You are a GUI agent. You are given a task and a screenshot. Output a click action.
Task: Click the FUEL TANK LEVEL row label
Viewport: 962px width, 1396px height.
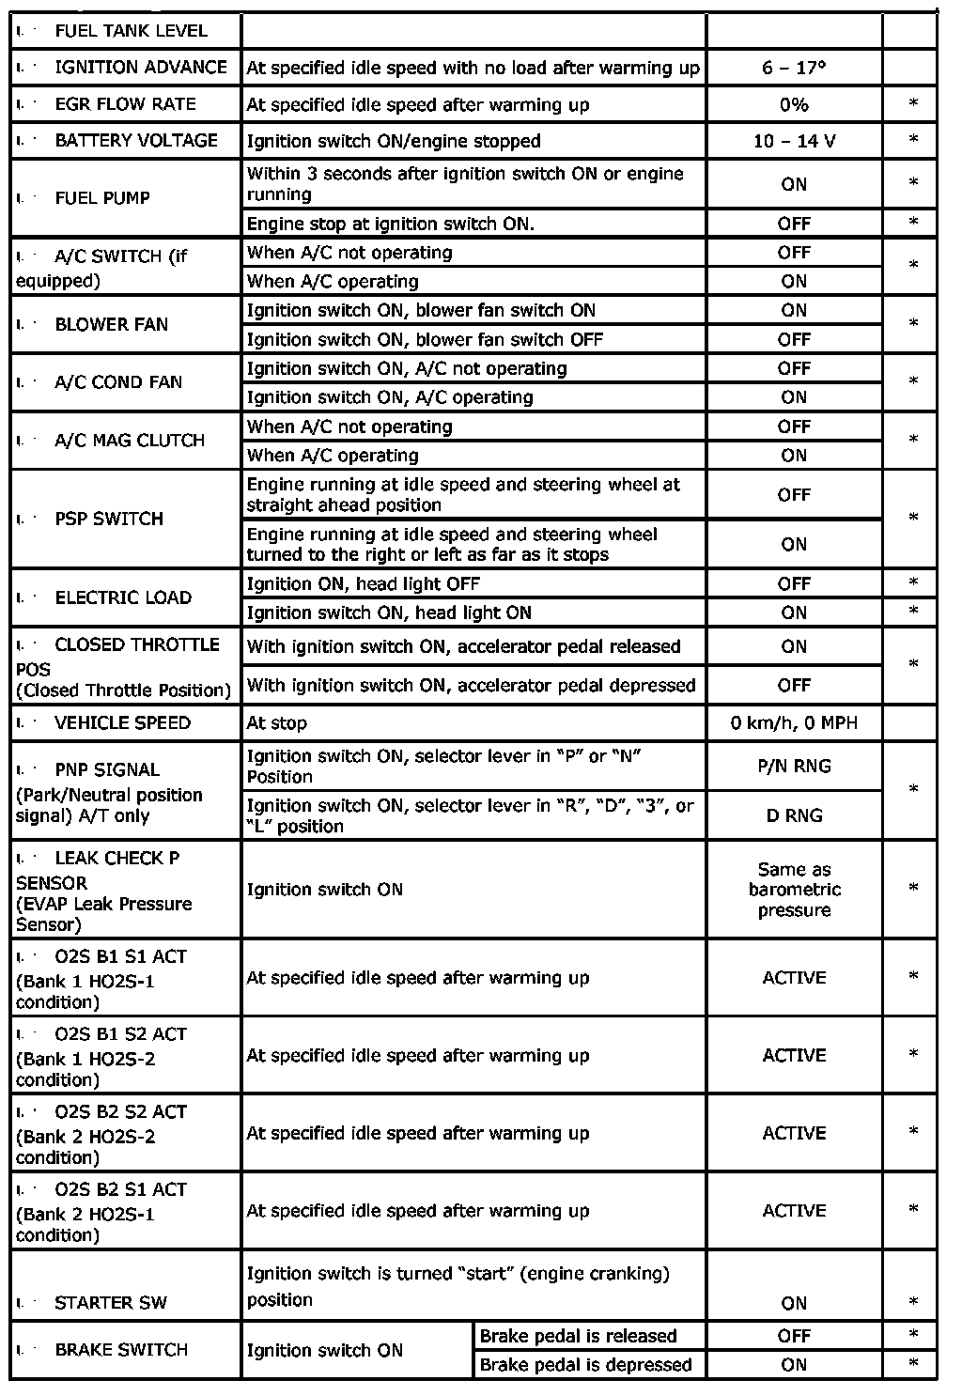pos(131,31)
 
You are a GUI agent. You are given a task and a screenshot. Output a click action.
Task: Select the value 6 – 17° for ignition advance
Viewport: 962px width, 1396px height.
pos(794,68)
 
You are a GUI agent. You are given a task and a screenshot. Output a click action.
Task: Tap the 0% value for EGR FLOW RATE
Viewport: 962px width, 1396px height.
pos(794,104)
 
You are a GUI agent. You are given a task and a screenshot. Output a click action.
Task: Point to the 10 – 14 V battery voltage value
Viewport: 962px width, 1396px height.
pos(794,141)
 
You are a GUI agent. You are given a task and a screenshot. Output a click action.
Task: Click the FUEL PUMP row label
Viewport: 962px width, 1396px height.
pos(102,197)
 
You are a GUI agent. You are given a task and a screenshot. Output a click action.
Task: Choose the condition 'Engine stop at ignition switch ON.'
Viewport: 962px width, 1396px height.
pos(390,224)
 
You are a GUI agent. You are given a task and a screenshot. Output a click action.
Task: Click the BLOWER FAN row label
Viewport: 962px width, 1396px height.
pos(111,324)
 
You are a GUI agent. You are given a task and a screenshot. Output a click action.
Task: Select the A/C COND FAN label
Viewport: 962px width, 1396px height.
pos(118,382)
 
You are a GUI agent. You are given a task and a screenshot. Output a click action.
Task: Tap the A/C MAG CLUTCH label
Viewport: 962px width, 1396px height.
pos(130,441)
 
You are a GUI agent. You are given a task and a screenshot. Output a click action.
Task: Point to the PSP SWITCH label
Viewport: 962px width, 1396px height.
pos(109,519)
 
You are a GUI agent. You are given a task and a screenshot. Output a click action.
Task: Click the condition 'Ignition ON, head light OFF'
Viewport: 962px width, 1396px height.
pos(364,583)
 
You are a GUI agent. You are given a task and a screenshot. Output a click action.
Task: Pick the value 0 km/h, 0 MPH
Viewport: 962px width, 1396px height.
pos(794,723)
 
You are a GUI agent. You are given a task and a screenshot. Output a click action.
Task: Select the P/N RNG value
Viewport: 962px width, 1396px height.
pos(794,767)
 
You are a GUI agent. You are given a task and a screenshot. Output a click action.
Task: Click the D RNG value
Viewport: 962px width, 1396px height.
pos(794,815)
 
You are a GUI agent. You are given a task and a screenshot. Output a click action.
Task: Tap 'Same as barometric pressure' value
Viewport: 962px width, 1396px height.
pos(794,890)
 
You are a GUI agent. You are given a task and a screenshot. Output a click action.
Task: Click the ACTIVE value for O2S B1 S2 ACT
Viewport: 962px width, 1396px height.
pos(794,1055)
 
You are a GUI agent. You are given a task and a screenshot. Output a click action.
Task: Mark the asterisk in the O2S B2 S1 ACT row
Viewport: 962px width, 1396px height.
pos(913,1210)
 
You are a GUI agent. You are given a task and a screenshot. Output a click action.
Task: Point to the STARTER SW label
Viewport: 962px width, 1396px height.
pos(111,1303)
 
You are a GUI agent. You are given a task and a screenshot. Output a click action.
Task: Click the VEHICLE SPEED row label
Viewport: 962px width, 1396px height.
pos(122,723)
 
